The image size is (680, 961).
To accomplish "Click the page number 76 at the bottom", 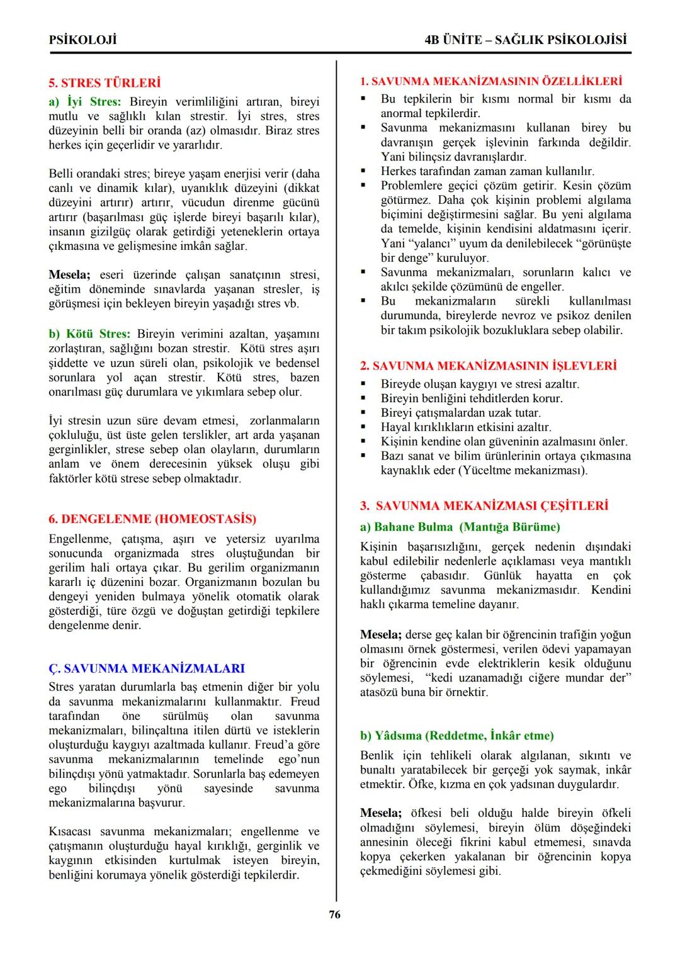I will [334, 914].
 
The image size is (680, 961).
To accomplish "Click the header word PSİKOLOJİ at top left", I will [82, 40].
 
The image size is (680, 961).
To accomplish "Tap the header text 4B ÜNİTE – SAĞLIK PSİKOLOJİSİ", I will [526, 40].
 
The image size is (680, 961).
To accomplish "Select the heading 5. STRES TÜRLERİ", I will [104, 82].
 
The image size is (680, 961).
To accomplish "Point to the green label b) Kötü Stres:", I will [89, 334].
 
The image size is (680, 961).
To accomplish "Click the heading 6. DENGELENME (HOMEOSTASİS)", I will [152, 519].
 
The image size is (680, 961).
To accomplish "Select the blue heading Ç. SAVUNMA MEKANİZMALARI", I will [147, 668].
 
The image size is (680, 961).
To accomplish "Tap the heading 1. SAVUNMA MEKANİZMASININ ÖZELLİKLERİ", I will [490, 82].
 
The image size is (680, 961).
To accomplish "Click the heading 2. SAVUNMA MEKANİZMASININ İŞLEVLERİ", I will [488, 366].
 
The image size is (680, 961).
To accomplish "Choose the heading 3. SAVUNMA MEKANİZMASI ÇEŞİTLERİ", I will [484, 506].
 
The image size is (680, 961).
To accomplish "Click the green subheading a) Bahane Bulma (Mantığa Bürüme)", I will [460, 527].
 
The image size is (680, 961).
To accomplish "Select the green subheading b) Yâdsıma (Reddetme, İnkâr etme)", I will [456, 736].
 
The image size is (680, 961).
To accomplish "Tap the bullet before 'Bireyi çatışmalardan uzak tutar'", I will [363, 413].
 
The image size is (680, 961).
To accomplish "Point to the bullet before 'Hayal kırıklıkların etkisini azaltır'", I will [363, 427].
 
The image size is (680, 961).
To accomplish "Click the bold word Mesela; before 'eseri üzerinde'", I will [69, 275].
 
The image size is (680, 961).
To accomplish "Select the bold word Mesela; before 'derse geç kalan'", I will [380, 634].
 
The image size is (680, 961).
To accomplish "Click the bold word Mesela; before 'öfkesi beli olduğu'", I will [380, 813].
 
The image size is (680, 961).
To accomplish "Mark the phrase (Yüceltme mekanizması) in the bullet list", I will [522, 471].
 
